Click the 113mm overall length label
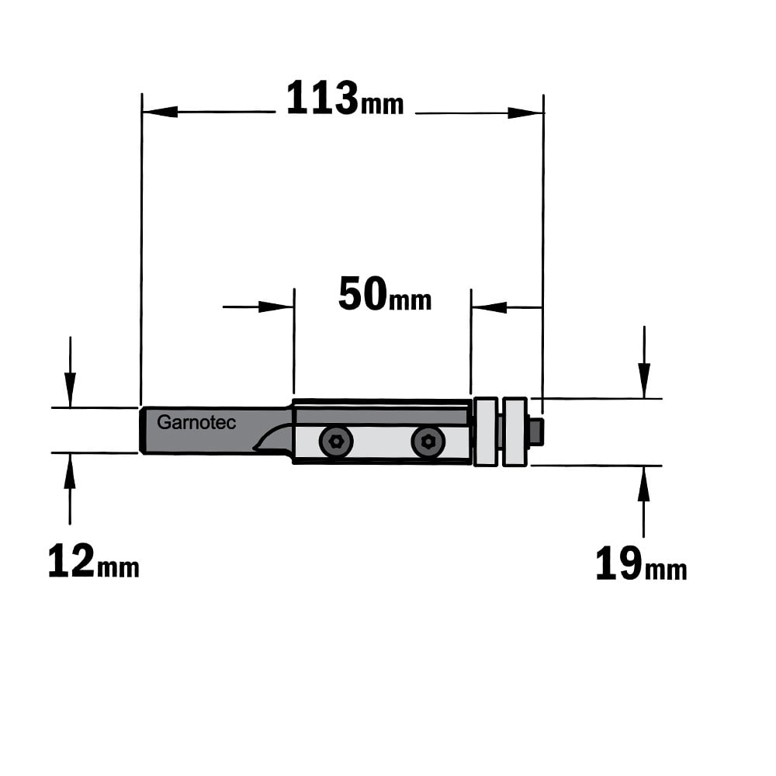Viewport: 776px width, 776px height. (x=345, y=99)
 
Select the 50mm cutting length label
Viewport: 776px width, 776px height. (x=385, y=294)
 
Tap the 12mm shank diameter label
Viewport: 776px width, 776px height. (x=94, y=561)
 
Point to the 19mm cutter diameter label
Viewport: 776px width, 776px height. (x=641, y=563)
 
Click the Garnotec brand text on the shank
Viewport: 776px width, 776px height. (x=196, y=423)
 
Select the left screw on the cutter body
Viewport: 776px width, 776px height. (x=336, y=441)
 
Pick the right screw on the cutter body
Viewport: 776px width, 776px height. (x=428, y=442)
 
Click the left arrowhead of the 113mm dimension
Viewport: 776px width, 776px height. (x=159, y=112)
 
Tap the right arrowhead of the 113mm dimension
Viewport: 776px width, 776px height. (x=526, y=113)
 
